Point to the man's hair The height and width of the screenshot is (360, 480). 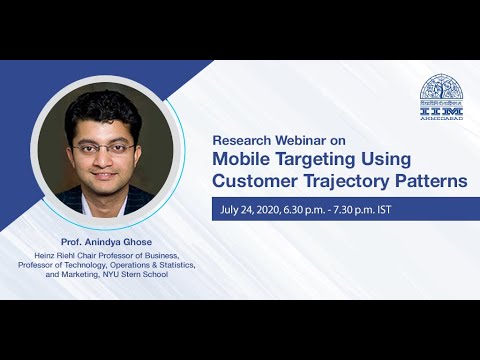coord(104,108)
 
